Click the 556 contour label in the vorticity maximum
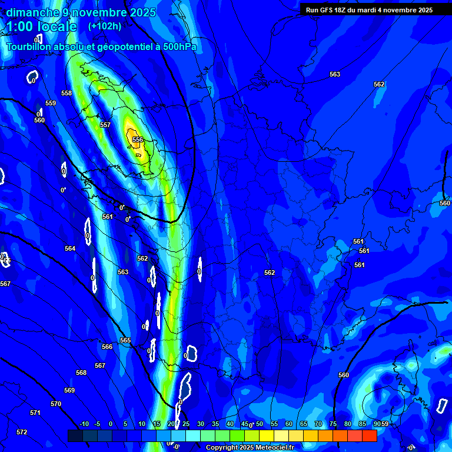(138, 139)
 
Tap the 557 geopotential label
(105, 125)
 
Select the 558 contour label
(67, 94)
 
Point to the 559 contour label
(51, 104)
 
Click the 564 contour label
(70, 249)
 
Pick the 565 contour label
(125, 341)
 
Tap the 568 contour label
(81, 373)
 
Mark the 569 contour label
(69, 391)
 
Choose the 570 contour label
(56, 404)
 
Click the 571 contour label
(35, 413)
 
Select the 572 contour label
(22, 433)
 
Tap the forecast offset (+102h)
(105, 26)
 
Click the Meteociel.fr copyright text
(250, 448)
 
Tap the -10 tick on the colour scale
(84, 424)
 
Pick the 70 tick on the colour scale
(318, 424)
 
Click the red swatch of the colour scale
(369, 436)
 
